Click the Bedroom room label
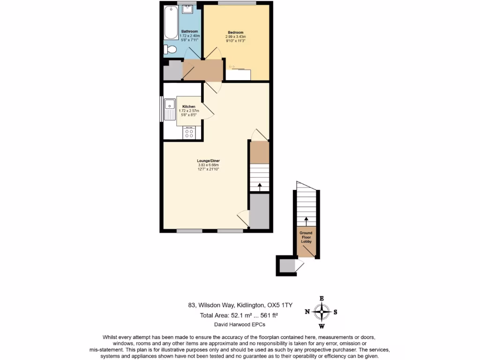point(235,32)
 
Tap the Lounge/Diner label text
point(209,161)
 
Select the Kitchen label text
point(189,106)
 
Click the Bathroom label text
point(190,31)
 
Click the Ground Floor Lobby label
point(306,237)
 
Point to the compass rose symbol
point(322,312)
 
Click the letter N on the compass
point(307,312)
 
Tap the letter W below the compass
point(322,326)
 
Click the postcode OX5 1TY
point(279,305)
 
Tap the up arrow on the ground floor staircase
point(306,218)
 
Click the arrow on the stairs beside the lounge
point(259,186)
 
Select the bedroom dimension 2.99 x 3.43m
point(235,37)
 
